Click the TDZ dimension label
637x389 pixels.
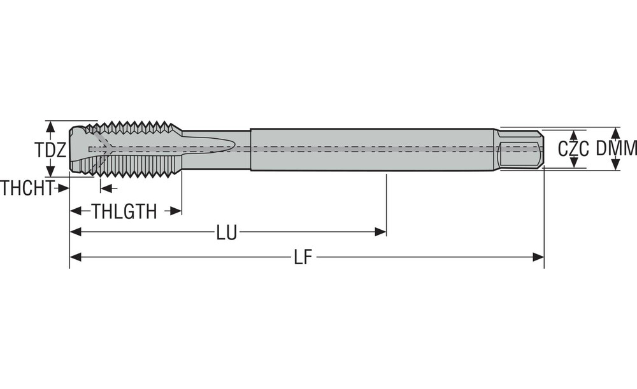(50, 150)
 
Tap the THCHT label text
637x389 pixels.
(27, 188)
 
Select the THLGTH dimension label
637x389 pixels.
(124, 211)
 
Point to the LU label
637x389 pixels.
(226, 232)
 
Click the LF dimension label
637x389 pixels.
(303, 257)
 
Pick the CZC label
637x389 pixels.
(573, 149)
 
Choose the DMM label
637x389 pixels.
(616, 148)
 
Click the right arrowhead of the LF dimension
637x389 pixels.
(538, 257)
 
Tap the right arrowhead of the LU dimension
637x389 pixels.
(380, 232)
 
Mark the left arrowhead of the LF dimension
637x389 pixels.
(76, 257)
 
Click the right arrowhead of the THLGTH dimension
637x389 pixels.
(176, 211)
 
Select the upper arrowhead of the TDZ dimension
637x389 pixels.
(50, 127)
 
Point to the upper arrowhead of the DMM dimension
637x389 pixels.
(616, 133)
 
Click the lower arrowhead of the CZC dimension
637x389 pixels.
(574, 162)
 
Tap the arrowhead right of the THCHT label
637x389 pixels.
(63, 188)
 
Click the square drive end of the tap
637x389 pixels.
(520, 150)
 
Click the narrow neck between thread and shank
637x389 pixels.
(216, 150)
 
